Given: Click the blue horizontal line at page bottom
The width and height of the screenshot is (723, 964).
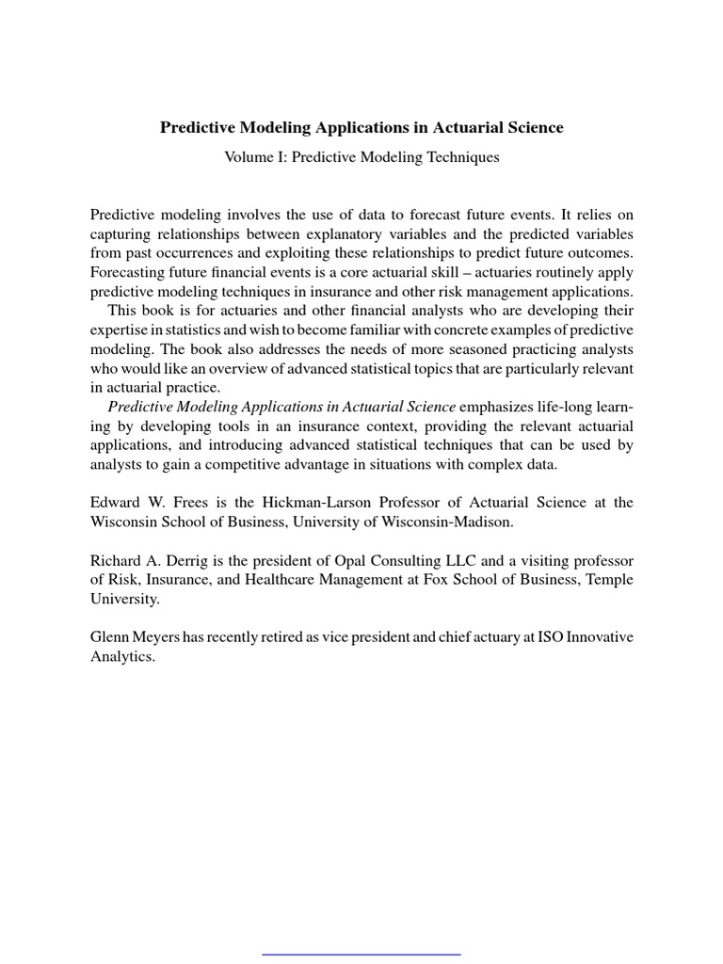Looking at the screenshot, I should pyautogui.click(x=361, y=954).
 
